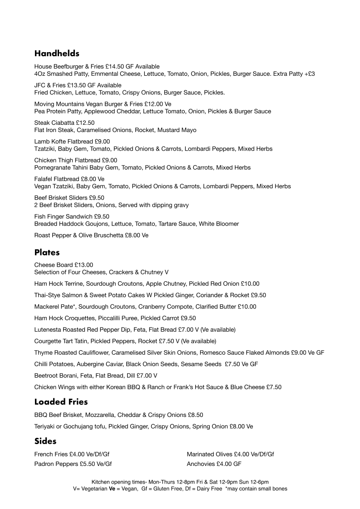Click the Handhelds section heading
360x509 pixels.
[x=57, y=54]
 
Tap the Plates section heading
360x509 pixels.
[x=47, y=252]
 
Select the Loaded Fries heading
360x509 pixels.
[x=61, y=401]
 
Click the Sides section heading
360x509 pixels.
[x=45, y=441]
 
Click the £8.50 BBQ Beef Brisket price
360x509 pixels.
[x=196, y=415]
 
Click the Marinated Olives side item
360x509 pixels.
[x=209, y=454]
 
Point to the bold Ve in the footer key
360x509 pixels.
[x=112, y=489]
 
